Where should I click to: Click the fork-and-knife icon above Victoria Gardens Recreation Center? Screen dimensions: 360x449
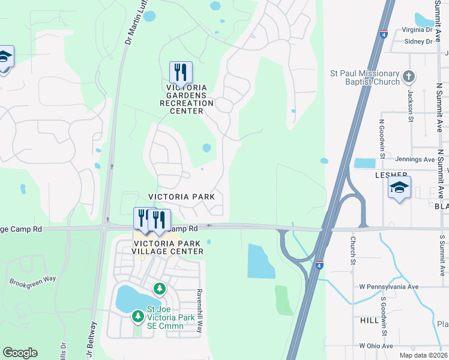pyautogui.click(x=181, y=73)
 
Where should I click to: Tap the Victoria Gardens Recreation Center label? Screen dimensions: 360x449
pyautogui.click(x=187, y=95)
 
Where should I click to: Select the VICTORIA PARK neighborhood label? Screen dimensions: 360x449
pyautogui.click(x=181, y=197)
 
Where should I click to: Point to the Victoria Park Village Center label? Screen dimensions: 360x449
pyautogui.click(x=169, y=247)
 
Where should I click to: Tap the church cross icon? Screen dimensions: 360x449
pyautogui.click(x=409, y=76)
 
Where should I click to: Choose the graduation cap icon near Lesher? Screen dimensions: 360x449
pyautogui.click(x=399, y=188)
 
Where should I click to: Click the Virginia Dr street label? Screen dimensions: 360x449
pyautogui.click(x=417, y=29)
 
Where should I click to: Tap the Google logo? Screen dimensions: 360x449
pyautogui.click(x=20, y=353)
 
